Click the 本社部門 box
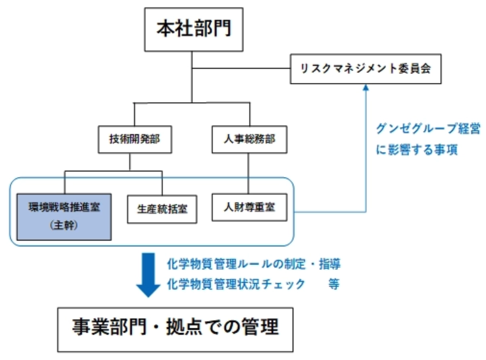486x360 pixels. click(x=194, y=30)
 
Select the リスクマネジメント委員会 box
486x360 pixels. click(x=365, y=68)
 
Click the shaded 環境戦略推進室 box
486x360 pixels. click(x=64, y=217)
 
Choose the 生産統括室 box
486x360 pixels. click(x=162, y=209)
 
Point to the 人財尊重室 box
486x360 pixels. click(x=249, y=207)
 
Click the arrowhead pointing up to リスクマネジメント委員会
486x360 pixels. click(x=365, y=88)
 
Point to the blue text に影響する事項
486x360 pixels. click(x=416, y=151)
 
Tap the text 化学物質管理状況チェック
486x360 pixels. click(x=236, y=284)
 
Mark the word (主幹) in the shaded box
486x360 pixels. click(x=64, y=225)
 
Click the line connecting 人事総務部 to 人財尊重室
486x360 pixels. click(x=249, y=173)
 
